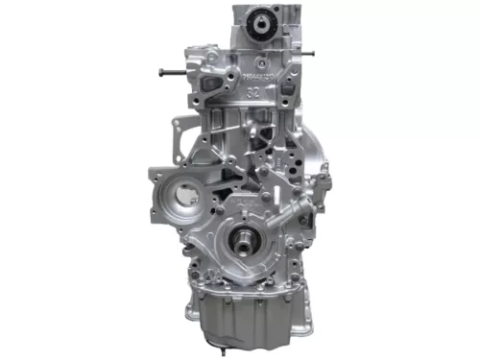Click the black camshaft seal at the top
[x=260, y=26]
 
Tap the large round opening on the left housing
[x=174, y=197]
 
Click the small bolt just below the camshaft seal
[x=260, y=51]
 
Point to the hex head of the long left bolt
[x=161, y=72]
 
